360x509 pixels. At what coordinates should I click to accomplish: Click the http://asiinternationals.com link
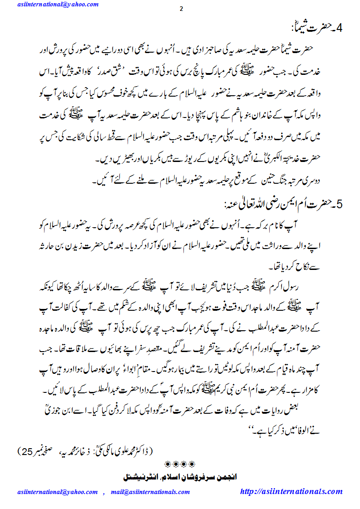[291, 491]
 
